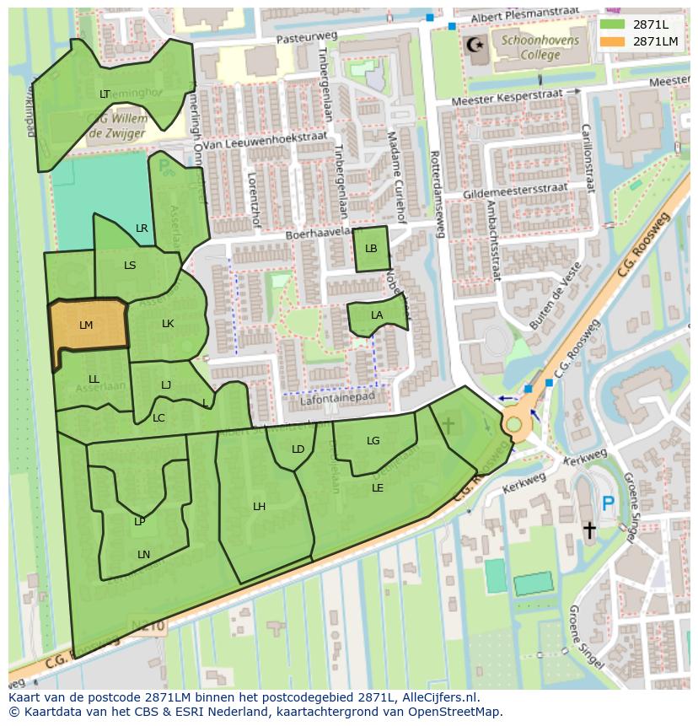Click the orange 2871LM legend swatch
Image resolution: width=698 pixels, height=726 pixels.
pos(613,40)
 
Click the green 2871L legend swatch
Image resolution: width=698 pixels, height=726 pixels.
pos(613,24)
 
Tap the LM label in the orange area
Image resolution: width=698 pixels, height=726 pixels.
pos(86,325)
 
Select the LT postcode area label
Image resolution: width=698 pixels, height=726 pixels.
pos(105,94)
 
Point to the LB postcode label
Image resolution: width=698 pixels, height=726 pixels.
pos(371,249)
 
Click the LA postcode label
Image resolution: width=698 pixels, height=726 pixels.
pos(377,315)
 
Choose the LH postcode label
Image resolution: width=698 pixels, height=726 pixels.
pos(260,506)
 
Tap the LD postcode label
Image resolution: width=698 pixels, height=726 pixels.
pos(298,449)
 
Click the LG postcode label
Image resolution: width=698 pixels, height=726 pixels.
pos(373,440)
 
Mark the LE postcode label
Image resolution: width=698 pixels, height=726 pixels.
pos(378,487)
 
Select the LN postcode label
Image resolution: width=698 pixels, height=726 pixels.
pos(143,554)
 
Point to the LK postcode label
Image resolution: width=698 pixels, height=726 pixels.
pos(168,324)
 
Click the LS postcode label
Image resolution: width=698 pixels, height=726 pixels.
pos(130,265)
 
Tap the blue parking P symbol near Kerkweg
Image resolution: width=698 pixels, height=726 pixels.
pos(608,504)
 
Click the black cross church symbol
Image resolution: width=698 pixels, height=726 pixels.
pos(589,530)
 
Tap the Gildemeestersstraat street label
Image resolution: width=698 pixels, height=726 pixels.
pos(515,191)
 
